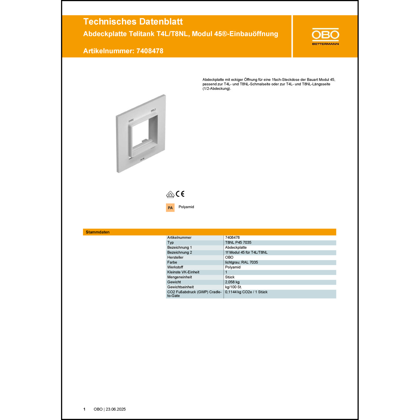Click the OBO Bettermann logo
(x=325, y=36)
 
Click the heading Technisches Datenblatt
(x=133, y=22)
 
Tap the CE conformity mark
(x=180, y=194)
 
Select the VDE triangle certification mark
(x=170, y=194)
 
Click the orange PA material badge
(x=170, y=208)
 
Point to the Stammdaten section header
(x=98, y=232)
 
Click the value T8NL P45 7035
(x=238, y=242)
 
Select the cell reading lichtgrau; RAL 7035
(x=241, y=262)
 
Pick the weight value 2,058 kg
(x=232, y=282)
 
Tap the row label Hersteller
(x=175, y=257)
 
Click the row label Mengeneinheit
(x=179, y=277)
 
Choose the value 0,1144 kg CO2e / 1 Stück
(x=246, y=292)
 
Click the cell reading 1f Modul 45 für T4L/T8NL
(x=246, y=252)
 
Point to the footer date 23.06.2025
(x=116, y=409)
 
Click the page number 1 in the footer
(x=84, y=409)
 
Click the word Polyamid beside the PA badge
(x=186, y=207)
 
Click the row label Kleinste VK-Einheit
(x=183, y=272)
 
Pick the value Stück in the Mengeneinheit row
(x=230, y=277)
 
